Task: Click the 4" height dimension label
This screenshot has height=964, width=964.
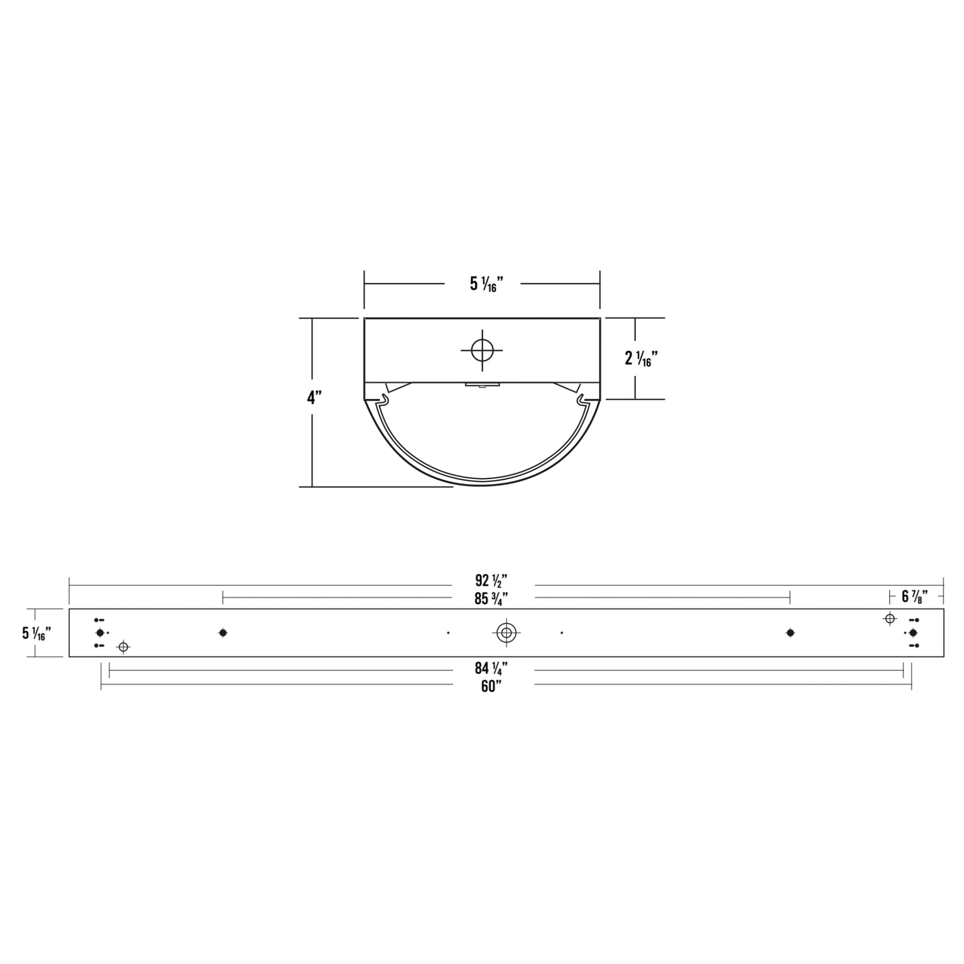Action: (x=314, y=398)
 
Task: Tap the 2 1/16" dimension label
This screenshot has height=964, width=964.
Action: (x=641, y=358)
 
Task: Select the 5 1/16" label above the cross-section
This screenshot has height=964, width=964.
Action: (x=486, y=284)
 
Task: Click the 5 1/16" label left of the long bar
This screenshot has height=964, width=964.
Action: (x=37, y=633)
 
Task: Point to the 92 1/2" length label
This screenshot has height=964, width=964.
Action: (x=491, y=580)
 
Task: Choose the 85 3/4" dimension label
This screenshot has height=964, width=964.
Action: (x=491, y=598)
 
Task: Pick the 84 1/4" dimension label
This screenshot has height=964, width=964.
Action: (x=491, y=668)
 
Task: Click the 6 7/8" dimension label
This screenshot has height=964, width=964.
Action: (x=914, y=596)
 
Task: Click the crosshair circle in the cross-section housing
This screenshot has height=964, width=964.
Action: (x=482, y=350)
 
